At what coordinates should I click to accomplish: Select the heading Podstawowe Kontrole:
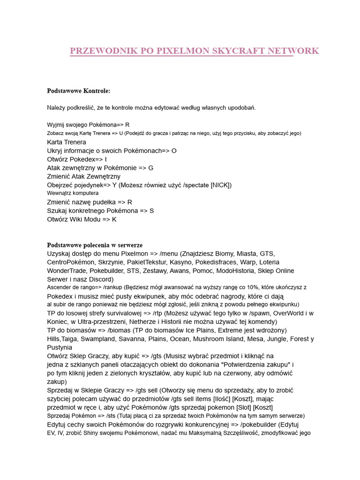(x=78, y=90)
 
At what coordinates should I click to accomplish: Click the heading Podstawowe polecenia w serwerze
(x=95, y=245)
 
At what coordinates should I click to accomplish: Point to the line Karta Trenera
(x=67, y=142)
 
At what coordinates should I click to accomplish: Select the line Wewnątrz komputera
(x=73, y=193)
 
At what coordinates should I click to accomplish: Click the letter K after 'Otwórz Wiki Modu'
(x=114, y=219)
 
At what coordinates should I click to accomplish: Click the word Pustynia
(x=60, y=347)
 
